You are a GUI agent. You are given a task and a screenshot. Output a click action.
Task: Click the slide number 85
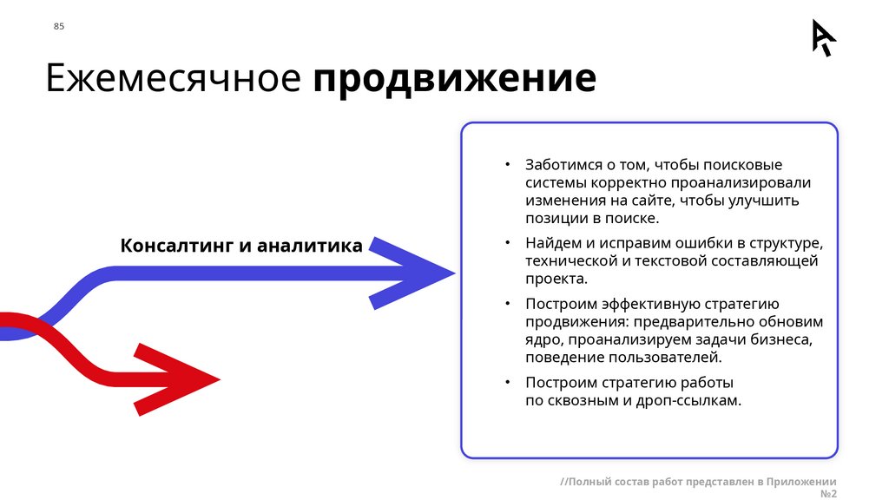tap(59, 26)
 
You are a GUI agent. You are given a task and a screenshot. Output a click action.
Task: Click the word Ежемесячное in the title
tap(173, 78)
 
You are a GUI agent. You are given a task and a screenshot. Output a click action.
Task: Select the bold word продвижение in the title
tap(455, 79)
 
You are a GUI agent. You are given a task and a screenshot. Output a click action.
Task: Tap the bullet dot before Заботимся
tap(509, 165)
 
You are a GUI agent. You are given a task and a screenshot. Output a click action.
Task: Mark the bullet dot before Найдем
tap(509, 242)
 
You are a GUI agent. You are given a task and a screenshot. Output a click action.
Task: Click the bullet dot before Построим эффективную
tap(509, 304)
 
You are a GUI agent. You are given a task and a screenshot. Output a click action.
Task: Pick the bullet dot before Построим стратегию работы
tap(509, 382)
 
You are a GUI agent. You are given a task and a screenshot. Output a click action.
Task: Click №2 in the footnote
tap(827, 493)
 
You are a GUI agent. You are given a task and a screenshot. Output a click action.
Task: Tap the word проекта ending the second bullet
tap(556, 279)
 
